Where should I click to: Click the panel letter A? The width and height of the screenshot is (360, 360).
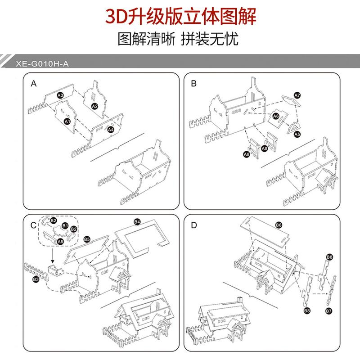[x=33, y=84]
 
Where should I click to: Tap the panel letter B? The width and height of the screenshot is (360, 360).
[x=194, y=84]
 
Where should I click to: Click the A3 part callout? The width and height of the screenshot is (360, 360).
[x=60, y=95]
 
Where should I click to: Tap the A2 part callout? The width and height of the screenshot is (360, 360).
[x=94, y=106]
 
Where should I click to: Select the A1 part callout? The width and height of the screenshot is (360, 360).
[x=67, y=121]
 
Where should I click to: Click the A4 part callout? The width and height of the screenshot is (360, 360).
[x=111, y=130]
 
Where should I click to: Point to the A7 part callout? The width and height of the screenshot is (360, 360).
[x=297, y=95]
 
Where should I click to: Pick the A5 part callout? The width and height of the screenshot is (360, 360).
[x=297, y=134]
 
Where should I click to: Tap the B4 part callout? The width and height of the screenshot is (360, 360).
[x=137, y=222]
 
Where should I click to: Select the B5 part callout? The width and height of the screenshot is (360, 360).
[x=87, y=239]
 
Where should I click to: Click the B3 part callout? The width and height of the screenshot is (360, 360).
[x=36, y=280]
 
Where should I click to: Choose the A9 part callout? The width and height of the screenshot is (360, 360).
[x=60, y=242]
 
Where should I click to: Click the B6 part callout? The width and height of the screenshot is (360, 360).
[x=279, y=225]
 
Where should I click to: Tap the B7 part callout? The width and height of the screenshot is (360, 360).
[x=329, y=311]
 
